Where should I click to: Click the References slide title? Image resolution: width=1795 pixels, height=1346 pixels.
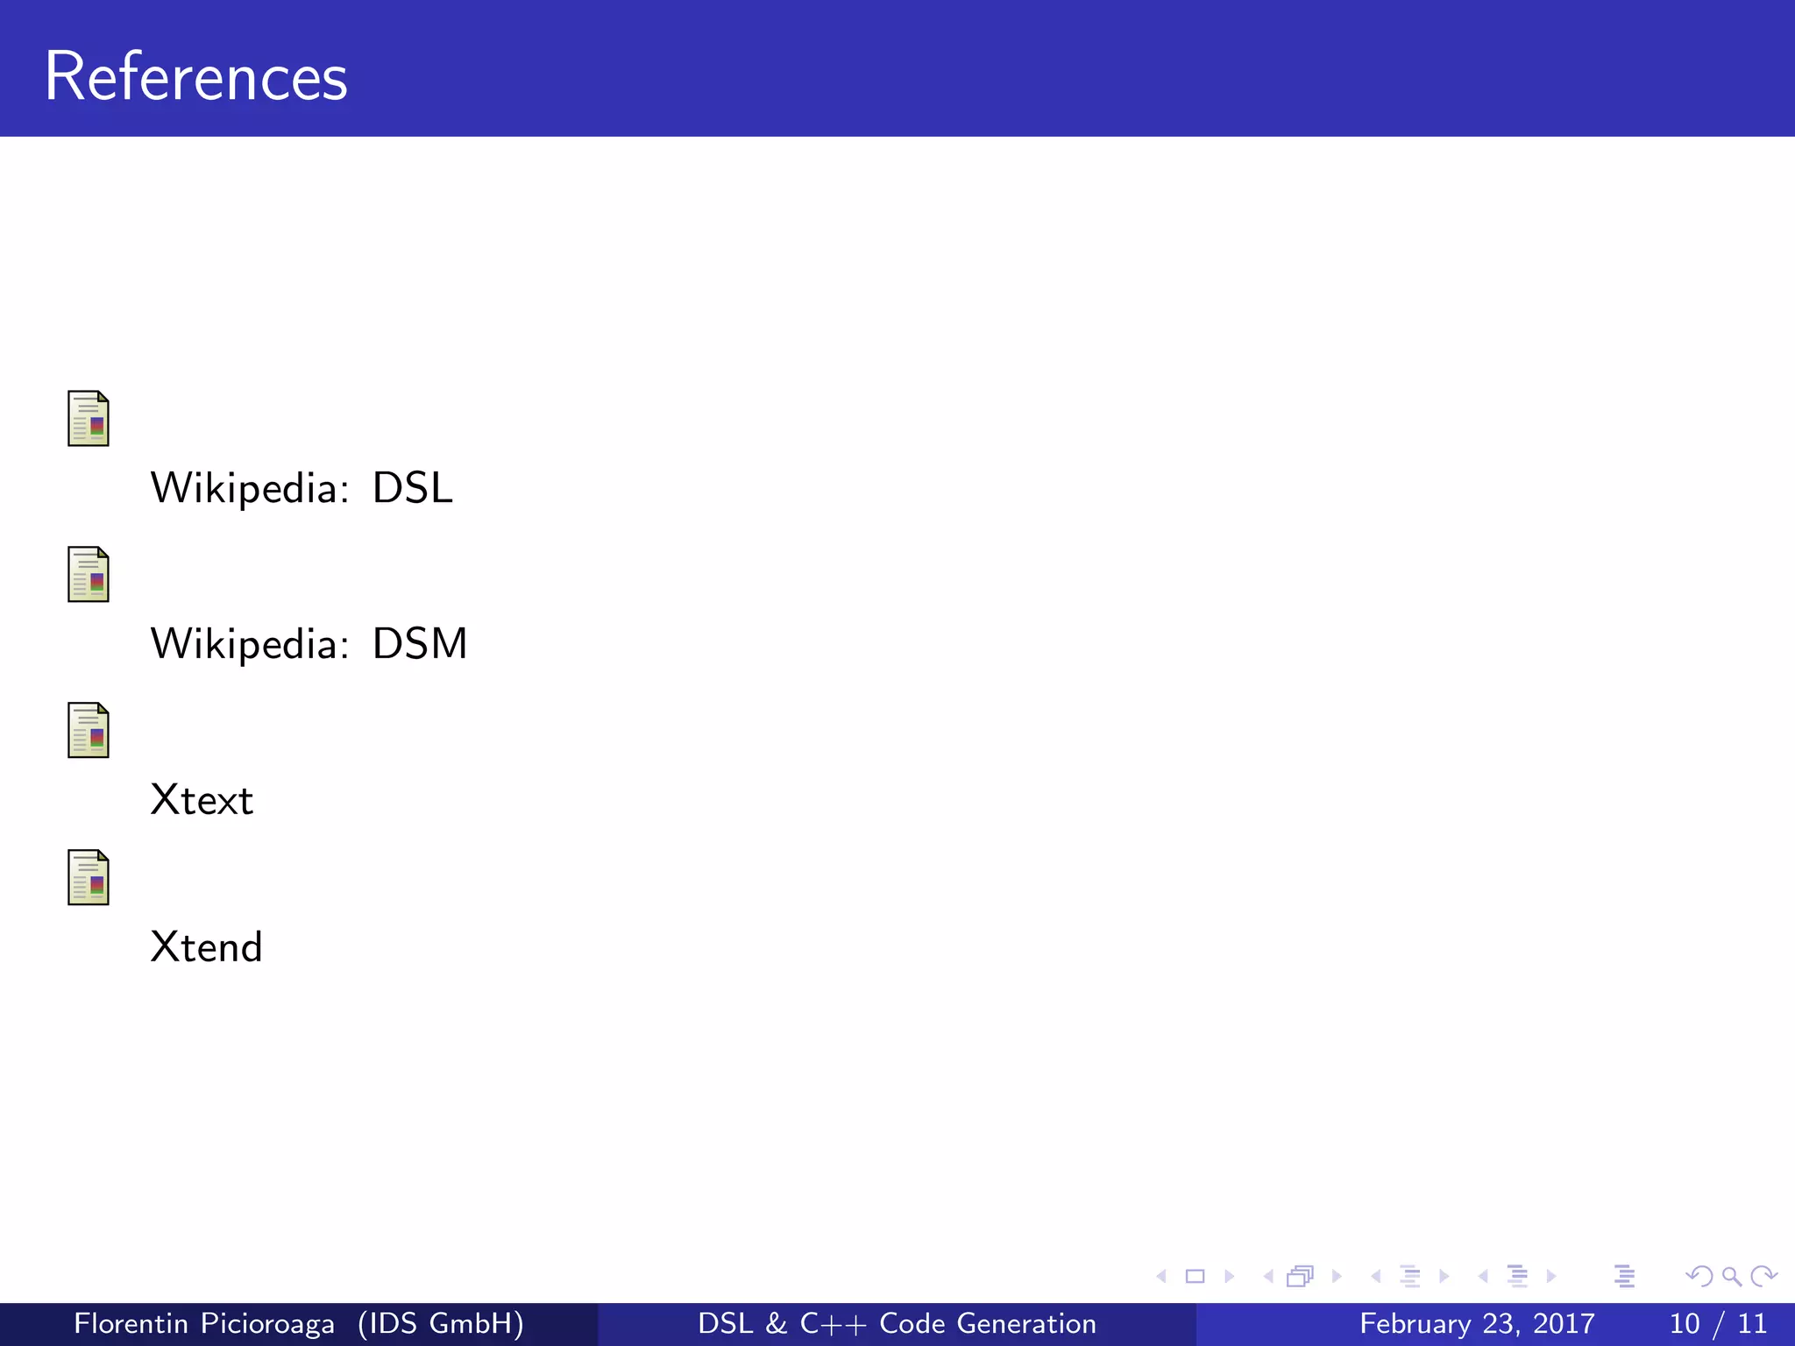[x=195, y=77]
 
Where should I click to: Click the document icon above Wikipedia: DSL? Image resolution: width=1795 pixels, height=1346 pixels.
[x=89, y=418]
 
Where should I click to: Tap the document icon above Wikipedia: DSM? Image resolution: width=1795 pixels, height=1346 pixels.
[x=89, y=574]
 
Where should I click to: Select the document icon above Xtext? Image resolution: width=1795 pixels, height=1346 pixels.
[x=89, y=730]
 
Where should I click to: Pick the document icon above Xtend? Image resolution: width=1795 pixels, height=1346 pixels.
[x=89, y=877]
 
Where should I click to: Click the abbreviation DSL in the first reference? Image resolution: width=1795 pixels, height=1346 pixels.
[x=412, y=488]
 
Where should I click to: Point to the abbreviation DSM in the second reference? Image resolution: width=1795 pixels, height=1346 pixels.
[x=420, y=644]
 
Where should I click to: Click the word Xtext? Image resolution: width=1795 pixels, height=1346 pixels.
[x=202, y=800]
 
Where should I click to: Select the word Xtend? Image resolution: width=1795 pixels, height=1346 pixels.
[x=206, y=947]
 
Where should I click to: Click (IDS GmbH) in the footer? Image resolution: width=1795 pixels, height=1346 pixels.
[x=441, y=1323]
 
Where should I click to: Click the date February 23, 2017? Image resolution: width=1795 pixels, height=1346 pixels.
[x=1477, y=1323]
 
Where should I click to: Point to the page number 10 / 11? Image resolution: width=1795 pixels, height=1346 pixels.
[x=1718, y=1323]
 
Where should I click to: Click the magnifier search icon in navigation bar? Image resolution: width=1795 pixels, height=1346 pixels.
[x=1731, y=1277]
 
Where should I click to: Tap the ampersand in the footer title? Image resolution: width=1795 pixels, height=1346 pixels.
[x=776, y=1323]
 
